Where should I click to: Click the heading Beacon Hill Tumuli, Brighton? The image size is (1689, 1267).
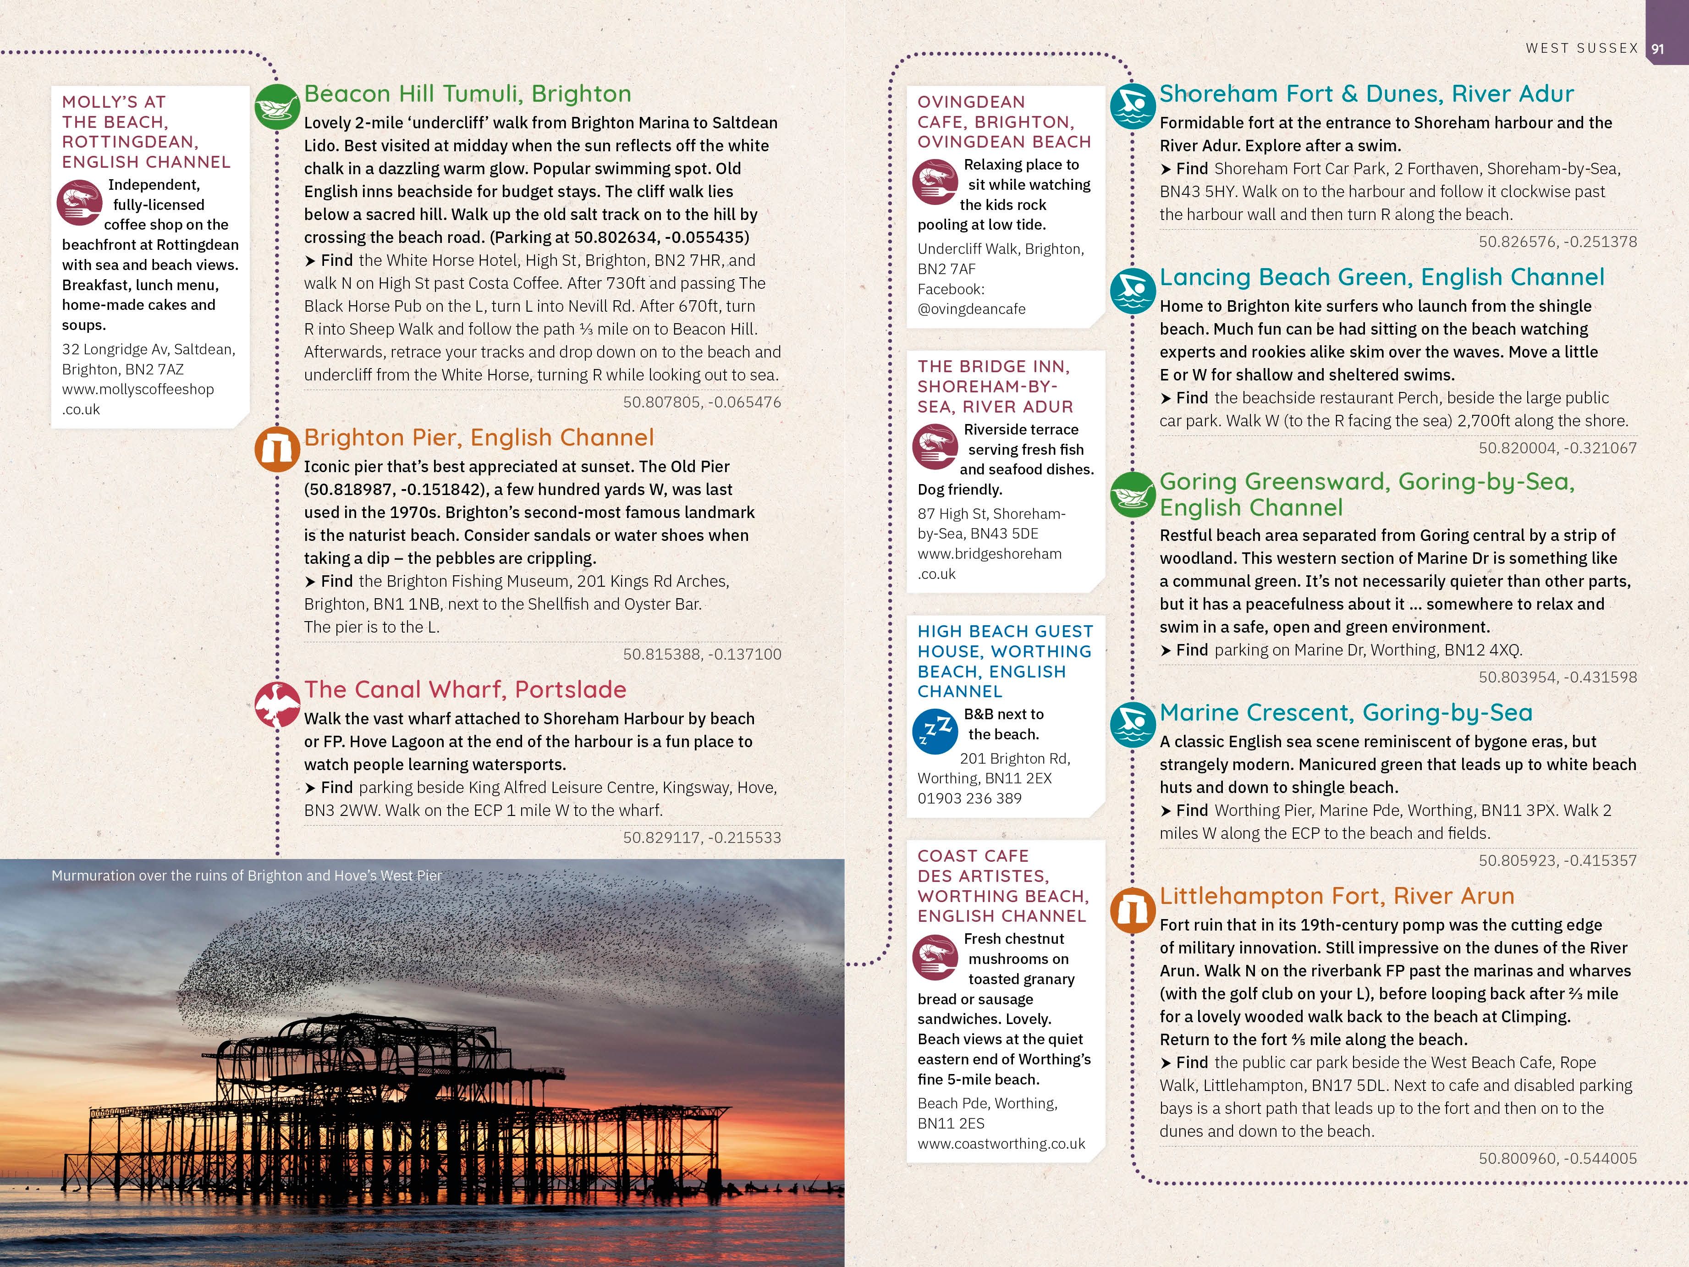tap(468, 94)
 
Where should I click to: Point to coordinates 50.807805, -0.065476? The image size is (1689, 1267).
tap(702, 402)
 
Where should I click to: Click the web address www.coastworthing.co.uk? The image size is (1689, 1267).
tap(1001, 1143)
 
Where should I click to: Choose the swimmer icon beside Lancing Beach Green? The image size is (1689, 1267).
tap(1132, 290)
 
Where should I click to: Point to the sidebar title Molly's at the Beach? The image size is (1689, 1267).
tap(146, 132)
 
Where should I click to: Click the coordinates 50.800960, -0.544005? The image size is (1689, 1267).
tap(1557, 1158)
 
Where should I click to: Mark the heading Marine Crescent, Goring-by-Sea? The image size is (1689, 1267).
tap(1345, 712)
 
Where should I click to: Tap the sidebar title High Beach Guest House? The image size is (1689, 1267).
tap(1004, 661)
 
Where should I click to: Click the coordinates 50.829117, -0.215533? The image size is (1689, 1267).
tap(702, 837)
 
